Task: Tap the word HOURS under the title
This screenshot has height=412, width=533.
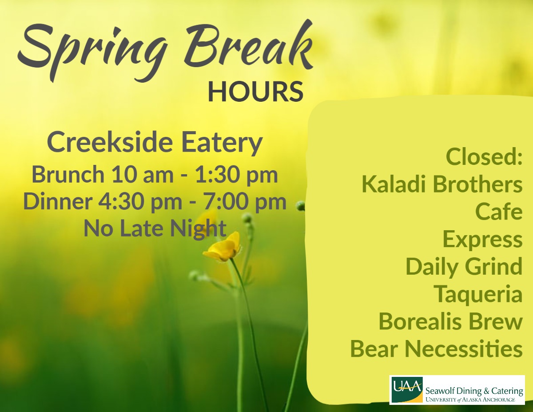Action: [x=255, y=92]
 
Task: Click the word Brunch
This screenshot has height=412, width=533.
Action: [x=68, y=174]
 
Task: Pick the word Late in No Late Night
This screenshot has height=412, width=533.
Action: [x=143, y=228]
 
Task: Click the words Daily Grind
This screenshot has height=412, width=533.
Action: [x=464, y=267]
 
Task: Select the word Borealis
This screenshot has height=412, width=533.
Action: [x=420, y=322]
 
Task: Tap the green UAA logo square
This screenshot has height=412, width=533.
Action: [x=407, y=390]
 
